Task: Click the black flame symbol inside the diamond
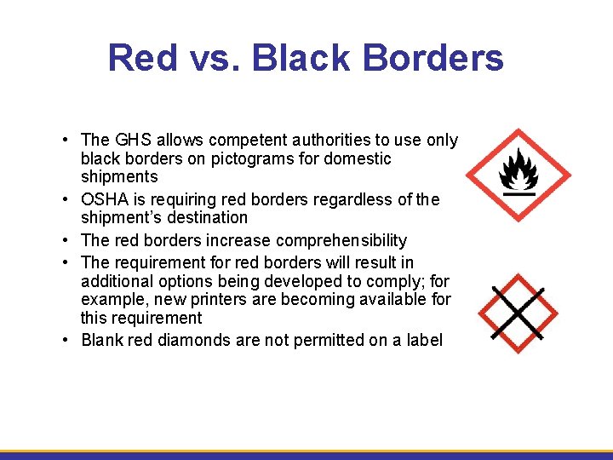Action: pyautogui.click(x=518, y=170)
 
